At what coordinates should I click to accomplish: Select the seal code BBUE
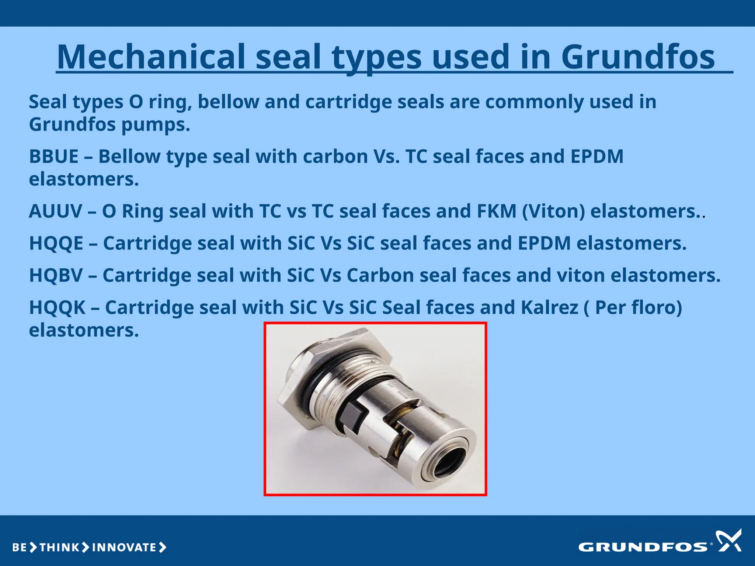point(54,156)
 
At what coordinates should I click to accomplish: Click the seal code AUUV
point(55,211)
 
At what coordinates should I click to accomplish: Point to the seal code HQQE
point(56,243)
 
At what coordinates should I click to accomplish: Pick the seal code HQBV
point(56,275)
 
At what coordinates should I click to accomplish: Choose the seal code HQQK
point(57,307)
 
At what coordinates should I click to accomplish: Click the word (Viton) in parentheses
point(553,211)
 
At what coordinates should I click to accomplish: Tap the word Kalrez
point(549,307)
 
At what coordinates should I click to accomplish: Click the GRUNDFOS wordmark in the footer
point(643,547)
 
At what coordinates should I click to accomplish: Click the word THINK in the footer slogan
point(59,548)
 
